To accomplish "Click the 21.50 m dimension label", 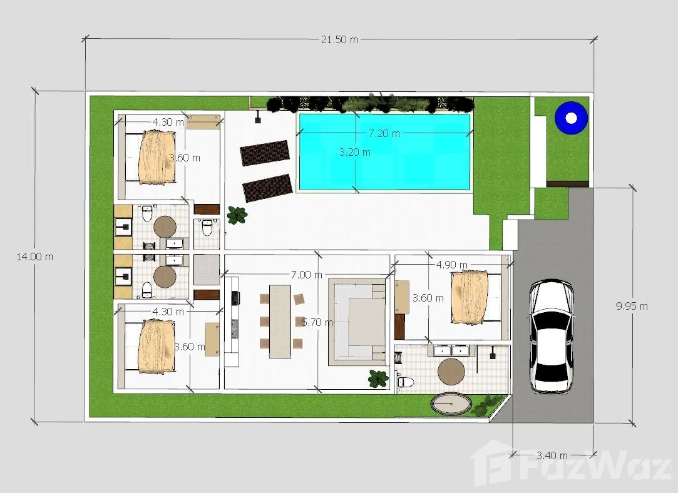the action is (x=339, y=39).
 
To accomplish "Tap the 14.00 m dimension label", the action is (x=34, y=257).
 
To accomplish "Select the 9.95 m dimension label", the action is (x=632, y=307).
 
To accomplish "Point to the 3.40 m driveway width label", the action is (x=552, y=455).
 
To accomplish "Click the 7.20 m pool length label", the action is (x=384, y=133).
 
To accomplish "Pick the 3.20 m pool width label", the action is (x=354, y=152).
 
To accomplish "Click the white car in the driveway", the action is (x=552, y=336).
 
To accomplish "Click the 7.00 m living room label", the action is (x=307, y=275).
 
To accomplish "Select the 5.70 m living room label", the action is (x=317, y=322).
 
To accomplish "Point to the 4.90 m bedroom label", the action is (x=451, y=265).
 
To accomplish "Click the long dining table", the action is (x=280, y=321).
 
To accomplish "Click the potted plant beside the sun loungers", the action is (x=237, y=215).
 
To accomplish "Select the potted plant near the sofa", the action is (x=378, y=379).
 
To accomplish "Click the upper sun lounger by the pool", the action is (x=265, y=153).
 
